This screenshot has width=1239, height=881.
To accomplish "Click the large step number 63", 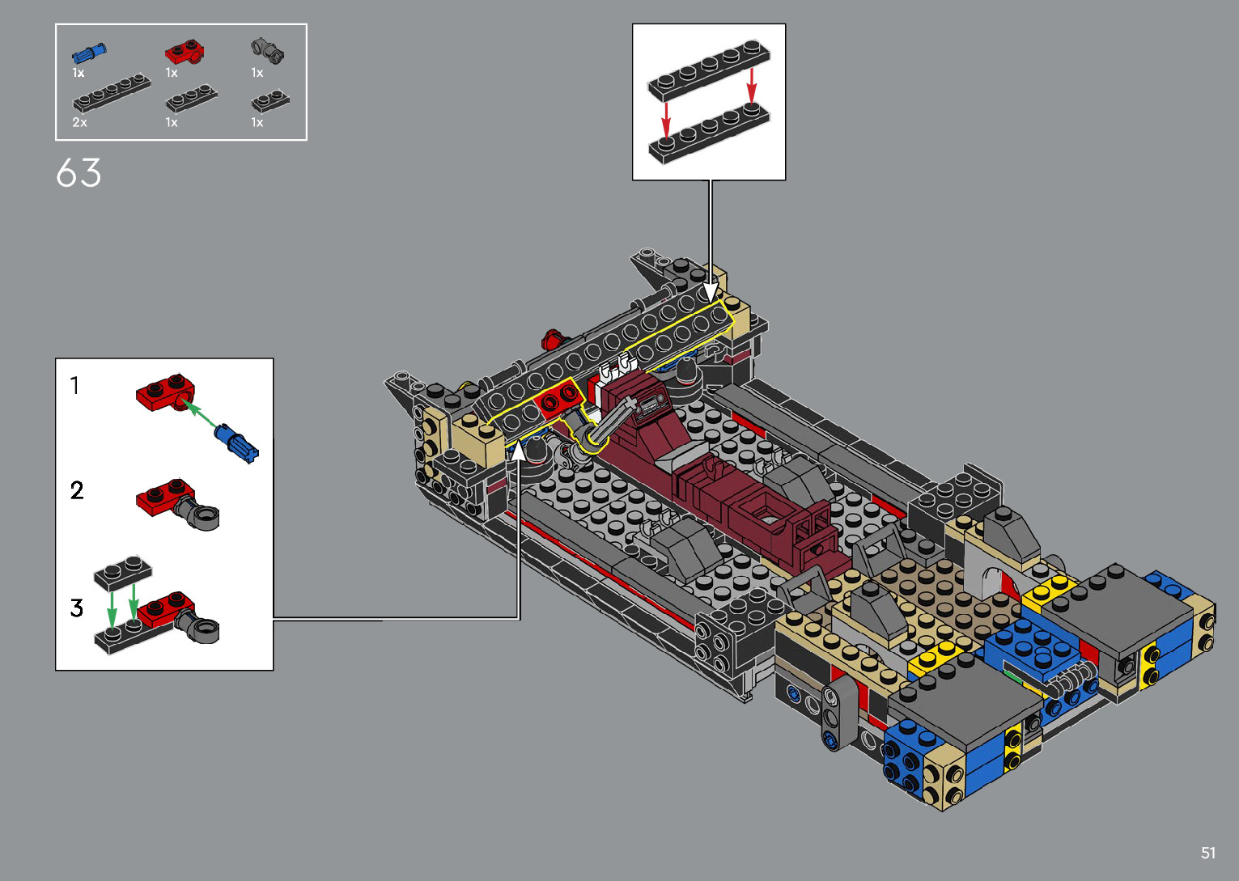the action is [x=78, y=173].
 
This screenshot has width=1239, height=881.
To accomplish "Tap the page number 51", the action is [x=1208, y=853].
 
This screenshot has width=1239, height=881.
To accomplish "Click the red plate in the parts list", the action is [x=185, y=52].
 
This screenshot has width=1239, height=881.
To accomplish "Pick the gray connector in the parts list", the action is [x=268, y=51].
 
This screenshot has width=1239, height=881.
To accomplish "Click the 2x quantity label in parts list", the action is [x=79, y=122].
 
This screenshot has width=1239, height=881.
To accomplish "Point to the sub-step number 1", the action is [x=74, y=385].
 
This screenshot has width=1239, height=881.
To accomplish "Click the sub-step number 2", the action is [x=77, y=490].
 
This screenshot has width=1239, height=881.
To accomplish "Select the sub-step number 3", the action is [x=77, y=608].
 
